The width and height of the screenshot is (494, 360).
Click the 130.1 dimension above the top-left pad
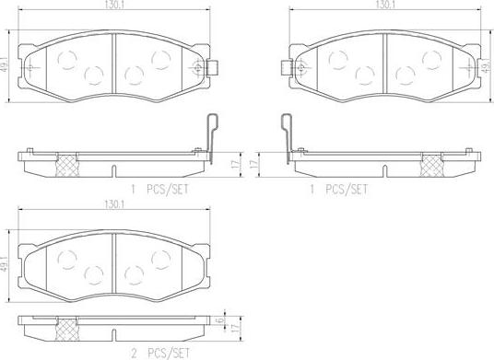pyautogui.click(x=114, y=6)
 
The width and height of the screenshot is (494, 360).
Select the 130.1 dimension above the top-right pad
pyautogui.click(x=385, y=5)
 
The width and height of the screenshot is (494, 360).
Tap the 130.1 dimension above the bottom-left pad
pyautogui.click(x=114, y=204)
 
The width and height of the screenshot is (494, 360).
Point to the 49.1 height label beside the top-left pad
pyautogui.click(x=4, y=65)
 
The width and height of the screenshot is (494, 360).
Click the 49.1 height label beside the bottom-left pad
pyautogui.click(x=4, y=264)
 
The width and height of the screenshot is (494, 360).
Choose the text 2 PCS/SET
pyautogui.click(x=160, y=354)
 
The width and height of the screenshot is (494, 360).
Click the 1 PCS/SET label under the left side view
pyautogui.click(x=160, y=190)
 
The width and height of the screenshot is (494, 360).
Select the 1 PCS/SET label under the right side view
pyautogui.click(x=338, y=190)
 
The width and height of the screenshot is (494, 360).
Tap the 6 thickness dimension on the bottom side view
pyautogui.click(x=221, y=320)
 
